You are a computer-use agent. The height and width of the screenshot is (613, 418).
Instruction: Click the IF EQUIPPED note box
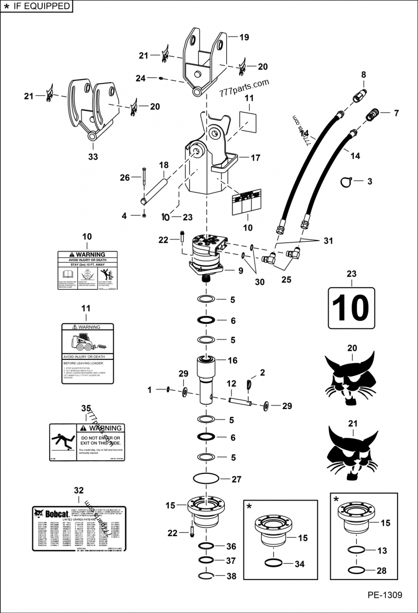click(x=36, y=6)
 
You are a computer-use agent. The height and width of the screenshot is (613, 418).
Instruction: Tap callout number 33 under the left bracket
click(x=92, y=156)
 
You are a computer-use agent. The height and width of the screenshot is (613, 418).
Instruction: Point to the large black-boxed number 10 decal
click(x=351, y=308)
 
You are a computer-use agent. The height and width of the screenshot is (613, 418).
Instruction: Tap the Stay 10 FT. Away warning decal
click(x=87, y=270)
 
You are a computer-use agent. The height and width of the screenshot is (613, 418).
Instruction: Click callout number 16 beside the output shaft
click(x=233, y=360)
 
